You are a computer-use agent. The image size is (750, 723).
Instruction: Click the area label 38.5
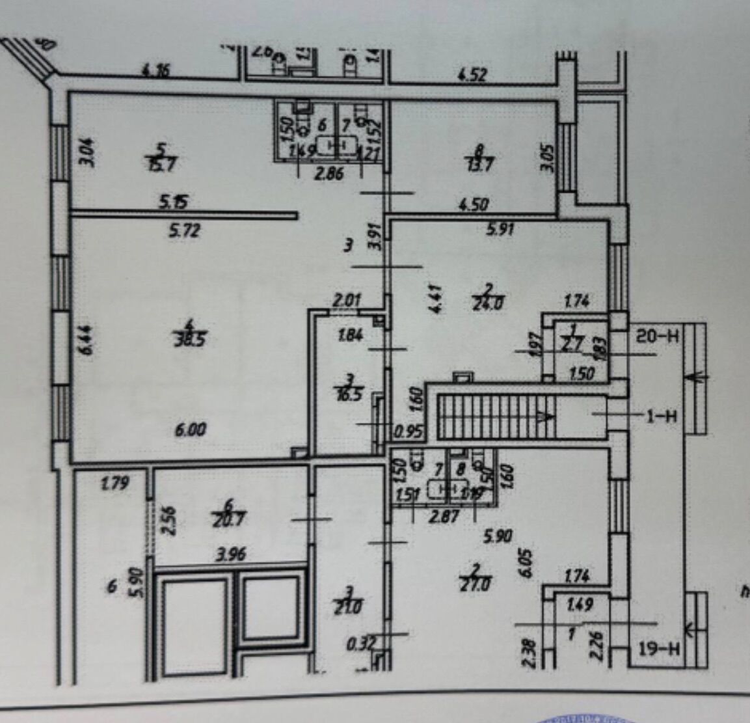(x=194, y=340)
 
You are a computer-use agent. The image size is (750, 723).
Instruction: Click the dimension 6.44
(x=88, y=340)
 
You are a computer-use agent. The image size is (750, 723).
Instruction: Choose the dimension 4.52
(x=472, y=75)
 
